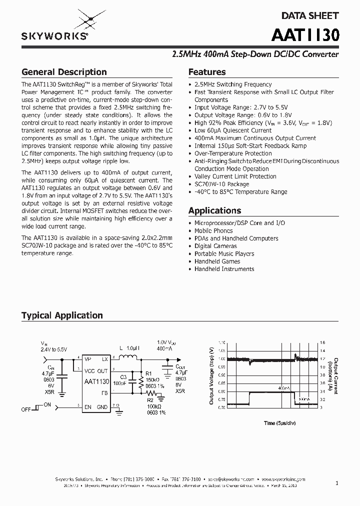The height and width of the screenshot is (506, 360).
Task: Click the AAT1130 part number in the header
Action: pyautogui.click(x=305, y=35)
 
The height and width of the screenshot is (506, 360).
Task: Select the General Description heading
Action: pyautogui.click(x=64, y=72)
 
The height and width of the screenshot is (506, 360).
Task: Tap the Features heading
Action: pyautogui.click(x=207, y=72)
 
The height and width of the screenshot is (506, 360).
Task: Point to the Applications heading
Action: pyautogui.click(x=214, y=210)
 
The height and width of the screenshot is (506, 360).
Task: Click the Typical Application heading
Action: pyautogui.click(x=62, y=315)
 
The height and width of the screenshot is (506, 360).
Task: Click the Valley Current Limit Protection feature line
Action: pyautogui.click(x=235, y=176)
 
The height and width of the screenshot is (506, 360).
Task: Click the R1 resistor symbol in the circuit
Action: pyautogui.click(x=141, y=382)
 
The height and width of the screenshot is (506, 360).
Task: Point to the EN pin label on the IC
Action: pyautogui.click(x=88, y=407)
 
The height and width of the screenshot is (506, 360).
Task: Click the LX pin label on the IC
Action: pyautogui.click(x=105, y=359)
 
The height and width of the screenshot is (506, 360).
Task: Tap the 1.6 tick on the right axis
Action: pyautogui.click(x=322, y=342)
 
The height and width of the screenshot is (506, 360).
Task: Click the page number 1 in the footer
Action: pyautogui.click(x=337, y=483)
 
